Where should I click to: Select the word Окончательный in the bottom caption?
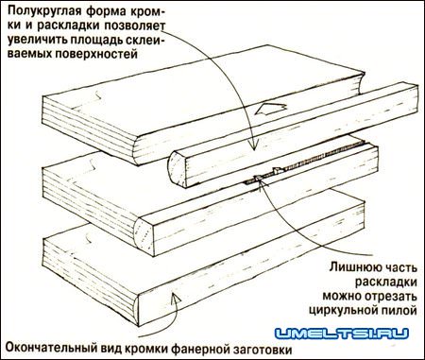tap(47, 349)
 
